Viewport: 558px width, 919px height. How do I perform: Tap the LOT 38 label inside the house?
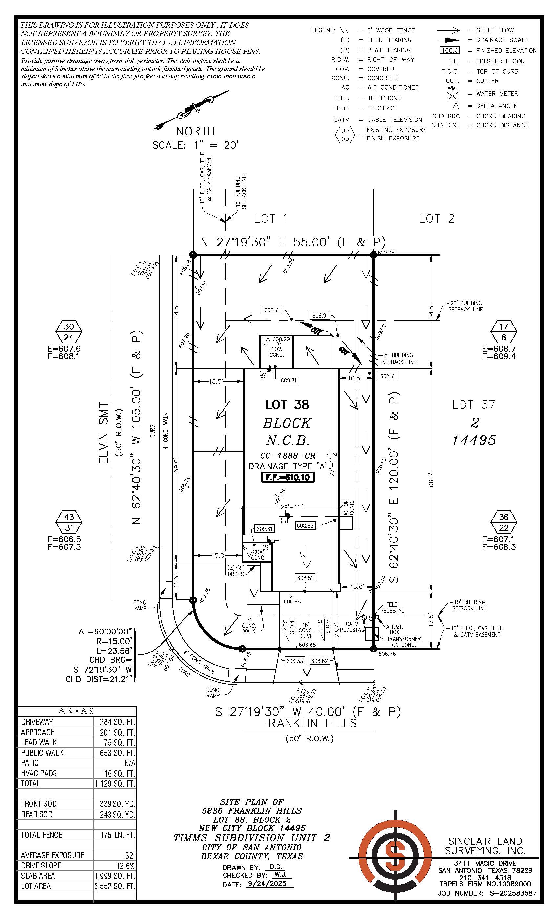[x=287, y=405]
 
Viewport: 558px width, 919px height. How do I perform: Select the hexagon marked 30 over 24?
[x=69, y=331]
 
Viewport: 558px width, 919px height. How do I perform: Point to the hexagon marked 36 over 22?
[x=504, y=522]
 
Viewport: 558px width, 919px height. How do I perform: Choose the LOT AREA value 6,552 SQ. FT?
[x=114, y=886]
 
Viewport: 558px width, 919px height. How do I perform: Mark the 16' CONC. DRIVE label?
[x=306, y=630]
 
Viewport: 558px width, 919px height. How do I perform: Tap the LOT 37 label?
[x=473, y=405]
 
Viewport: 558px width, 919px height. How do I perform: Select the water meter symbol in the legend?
[x=452, y=96]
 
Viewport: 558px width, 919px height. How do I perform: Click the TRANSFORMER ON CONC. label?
[x=404, y=642]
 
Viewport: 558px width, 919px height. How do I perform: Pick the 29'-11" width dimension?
[x=291, y=507]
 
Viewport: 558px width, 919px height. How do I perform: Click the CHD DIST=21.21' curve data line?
[x=99, y=679]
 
